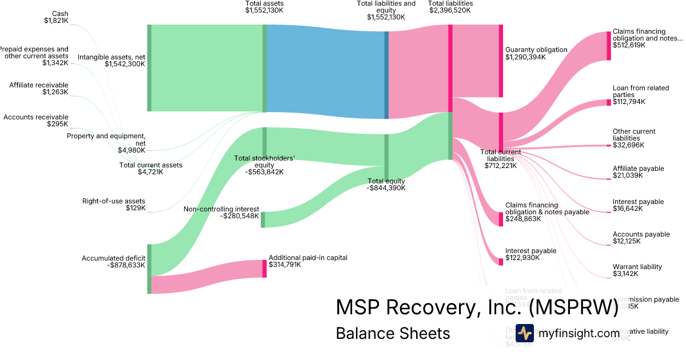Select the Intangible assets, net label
[111, 61]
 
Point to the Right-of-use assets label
[114, 205]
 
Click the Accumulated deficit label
[114, 262]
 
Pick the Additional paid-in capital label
[308, 261]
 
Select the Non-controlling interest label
[221, 213]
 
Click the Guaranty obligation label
[536, 53]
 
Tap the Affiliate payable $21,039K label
[638, 172]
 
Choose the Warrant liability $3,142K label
[637, 270]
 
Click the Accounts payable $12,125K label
[641, 238]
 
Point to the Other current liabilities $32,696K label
[634, 138]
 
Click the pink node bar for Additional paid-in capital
[265, 269]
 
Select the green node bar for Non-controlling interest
[263, 219]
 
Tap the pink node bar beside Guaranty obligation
[501, 61]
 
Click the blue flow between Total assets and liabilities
[326, 71]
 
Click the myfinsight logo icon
[524, 333]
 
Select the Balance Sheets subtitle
[393, 334]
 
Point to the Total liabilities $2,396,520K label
[450, 7]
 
